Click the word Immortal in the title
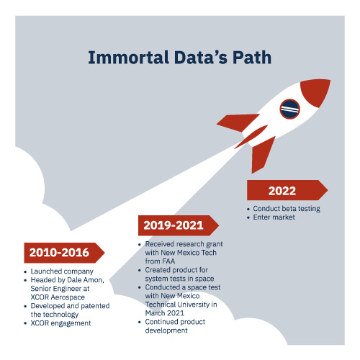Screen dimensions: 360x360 (128, 58)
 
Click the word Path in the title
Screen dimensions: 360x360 (252, 58)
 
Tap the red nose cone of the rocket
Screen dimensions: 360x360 (316, 92)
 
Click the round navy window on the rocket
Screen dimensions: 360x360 (290, 109)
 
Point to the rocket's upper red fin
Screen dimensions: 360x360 (238, 122)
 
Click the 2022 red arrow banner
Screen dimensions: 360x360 (287, 190)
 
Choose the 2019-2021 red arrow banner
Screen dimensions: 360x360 (179, 225)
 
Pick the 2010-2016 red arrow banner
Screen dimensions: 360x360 (64, 253)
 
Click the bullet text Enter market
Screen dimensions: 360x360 (274, 217)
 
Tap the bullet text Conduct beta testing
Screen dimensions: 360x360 (287, 209)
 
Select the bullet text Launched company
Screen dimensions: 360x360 (62, 271)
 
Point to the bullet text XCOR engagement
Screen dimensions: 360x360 (60, 323)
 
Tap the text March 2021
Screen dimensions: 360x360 (165, 313)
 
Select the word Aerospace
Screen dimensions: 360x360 (68, 297)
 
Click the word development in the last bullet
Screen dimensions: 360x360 (166, 330)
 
